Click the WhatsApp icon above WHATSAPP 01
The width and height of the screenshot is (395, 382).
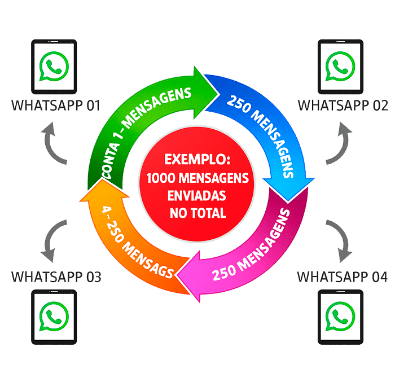(54, 67)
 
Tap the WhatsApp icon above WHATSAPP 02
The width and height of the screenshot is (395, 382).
(341, 67)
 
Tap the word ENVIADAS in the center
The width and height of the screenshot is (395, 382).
(197, 195)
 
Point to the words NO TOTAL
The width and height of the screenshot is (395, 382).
(197, 213)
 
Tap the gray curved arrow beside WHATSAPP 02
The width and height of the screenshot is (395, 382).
(342, 144)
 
